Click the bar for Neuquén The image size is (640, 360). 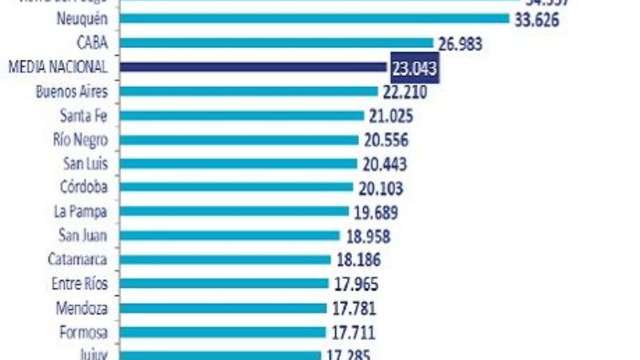315,18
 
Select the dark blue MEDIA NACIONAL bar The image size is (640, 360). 254,67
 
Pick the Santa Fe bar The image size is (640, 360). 243,115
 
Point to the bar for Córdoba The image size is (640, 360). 238,187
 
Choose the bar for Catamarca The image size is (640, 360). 226,259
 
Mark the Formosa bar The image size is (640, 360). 223,331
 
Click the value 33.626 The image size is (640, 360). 537,19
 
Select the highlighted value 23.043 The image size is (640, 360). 414,68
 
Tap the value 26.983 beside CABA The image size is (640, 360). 459,43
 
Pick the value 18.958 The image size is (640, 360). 366,236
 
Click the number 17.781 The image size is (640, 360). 354,308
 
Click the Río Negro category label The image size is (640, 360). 80,139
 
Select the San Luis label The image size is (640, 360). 84,163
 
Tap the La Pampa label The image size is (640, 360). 82,211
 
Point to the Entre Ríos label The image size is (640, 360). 79,283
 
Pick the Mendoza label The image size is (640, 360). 82,307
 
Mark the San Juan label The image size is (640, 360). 83,235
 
